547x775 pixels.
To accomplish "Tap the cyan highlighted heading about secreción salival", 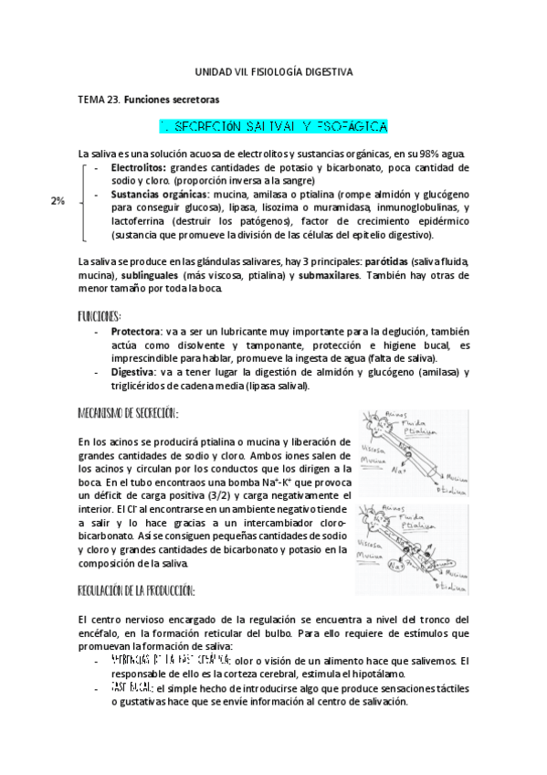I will (274, 124).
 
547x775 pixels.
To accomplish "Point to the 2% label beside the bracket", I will (58, 201).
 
